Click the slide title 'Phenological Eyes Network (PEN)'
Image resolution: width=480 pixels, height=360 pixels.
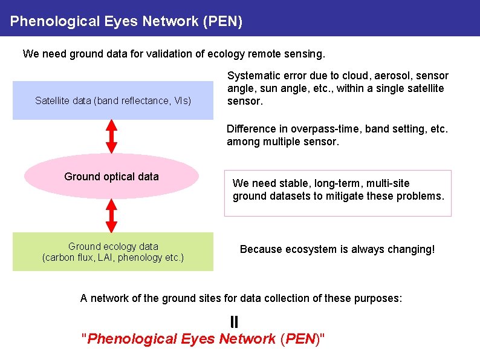click(x=126, y=22)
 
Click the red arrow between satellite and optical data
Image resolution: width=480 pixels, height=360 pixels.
click(x=111, y=136)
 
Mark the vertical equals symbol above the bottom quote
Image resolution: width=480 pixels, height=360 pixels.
click(x=234, y=321)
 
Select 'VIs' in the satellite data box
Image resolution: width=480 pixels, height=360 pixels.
click(x=181, y=100)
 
